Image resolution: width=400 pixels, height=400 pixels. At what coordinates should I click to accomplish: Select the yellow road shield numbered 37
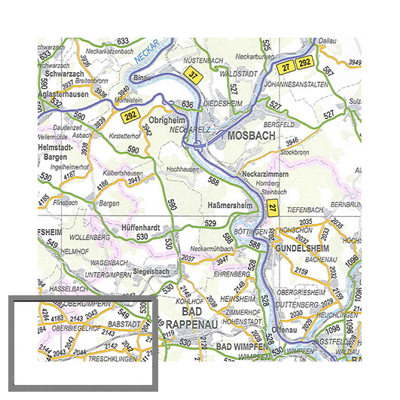click(x=194, y=75)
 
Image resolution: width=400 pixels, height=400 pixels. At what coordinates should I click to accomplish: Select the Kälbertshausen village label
click(x=124, y=173)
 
